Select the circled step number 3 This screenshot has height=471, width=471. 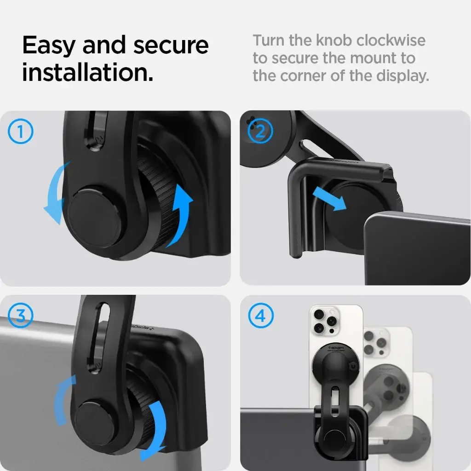tap(21, 316)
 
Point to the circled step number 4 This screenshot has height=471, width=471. tap(260, 316)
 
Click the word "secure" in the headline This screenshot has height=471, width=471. tap(171, 46)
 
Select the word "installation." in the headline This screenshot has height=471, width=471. tap(88, 73)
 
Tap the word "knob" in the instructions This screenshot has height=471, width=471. tap(331, 40)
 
